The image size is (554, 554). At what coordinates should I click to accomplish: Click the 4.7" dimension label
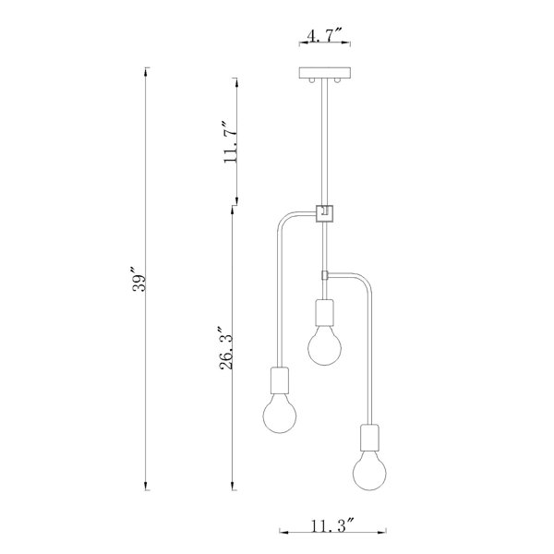[324, 35]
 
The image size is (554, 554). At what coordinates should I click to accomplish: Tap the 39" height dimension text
[138, 279]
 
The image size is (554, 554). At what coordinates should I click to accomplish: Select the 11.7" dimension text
[230, 142]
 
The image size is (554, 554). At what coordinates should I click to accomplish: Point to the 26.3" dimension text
[227, 348]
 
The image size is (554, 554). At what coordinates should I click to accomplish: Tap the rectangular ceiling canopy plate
[325, 73]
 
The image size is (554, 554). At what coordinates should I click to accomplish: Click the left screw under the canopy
[311, 80]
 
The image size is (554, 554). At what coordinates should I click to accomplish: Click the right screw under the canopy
[338, 80]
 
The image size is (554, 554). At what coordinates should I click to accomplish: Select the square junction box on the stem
[324, 214]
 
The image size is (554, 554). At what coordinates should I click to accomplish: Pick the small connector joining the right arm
[325, 274]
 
